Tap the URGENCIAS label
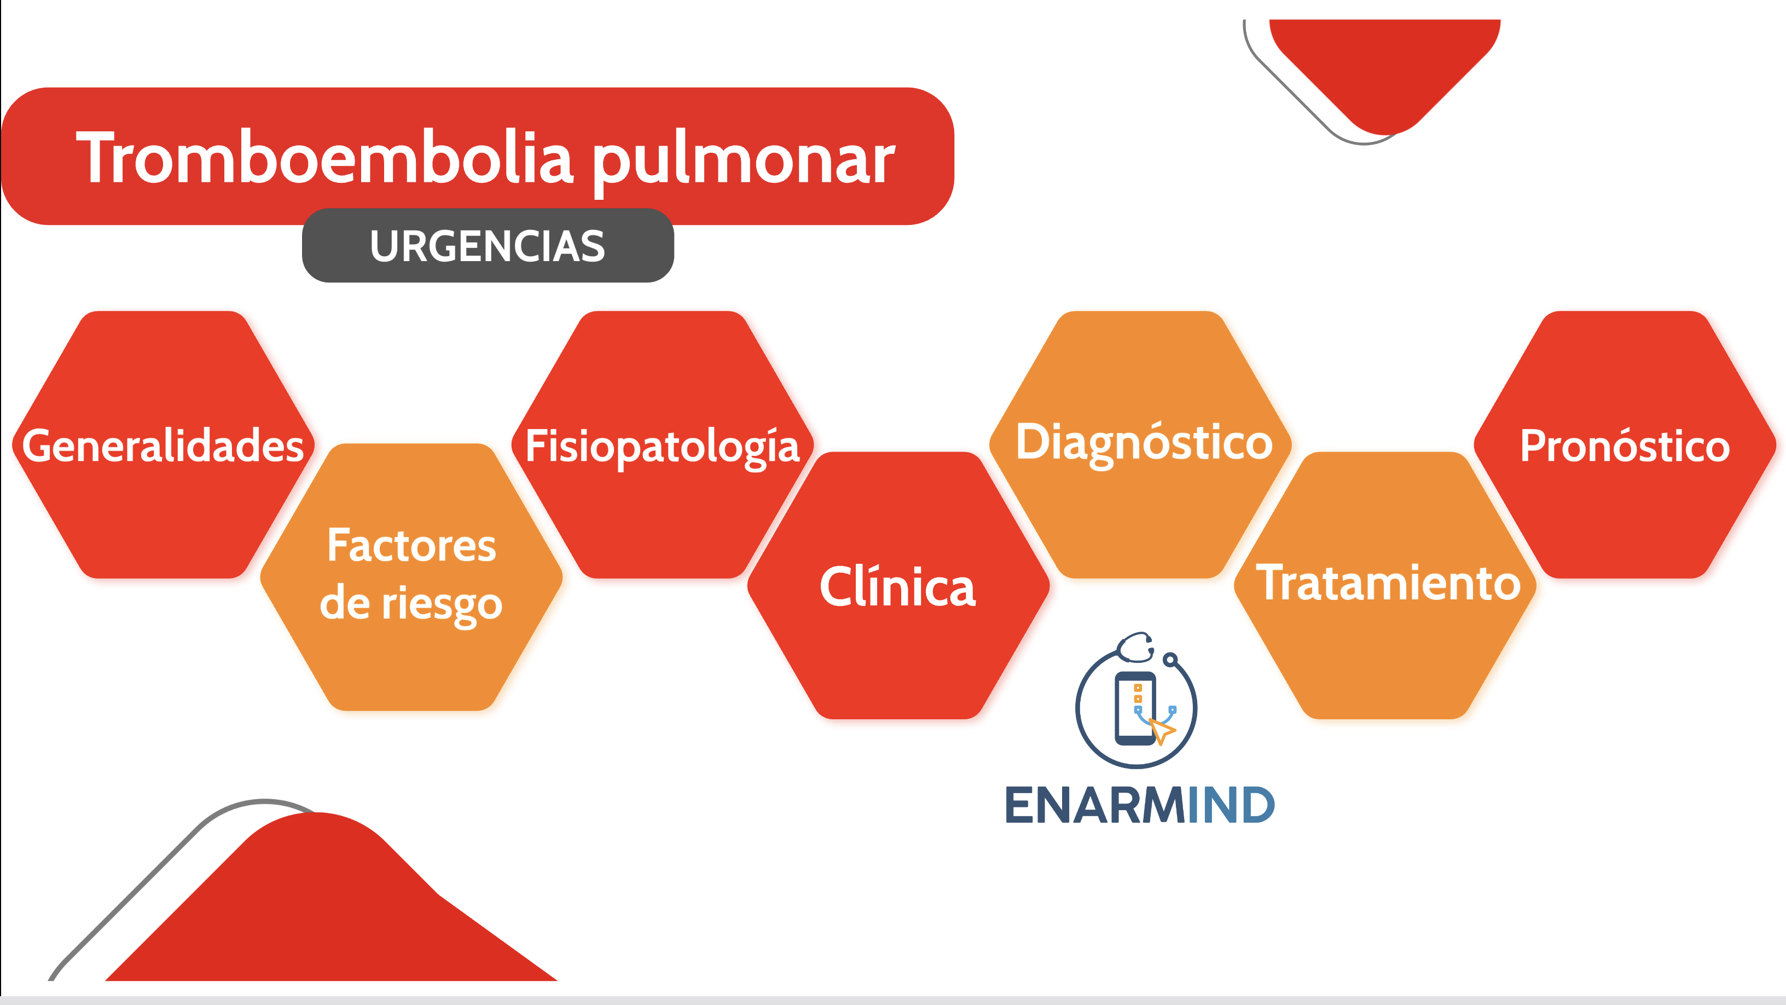[488, 246]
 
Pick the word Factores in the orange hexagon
[411, 545]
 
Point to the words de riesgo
[411, 603]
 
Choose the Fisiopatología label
[662, 447]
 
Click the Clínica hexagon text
[898, 587]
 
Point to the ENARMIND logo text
[1140, 805]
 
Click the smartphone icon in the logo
[1135, 707]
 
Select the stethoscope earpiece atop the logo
[1135, 645]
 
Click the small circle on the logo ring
[1170, 659]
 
